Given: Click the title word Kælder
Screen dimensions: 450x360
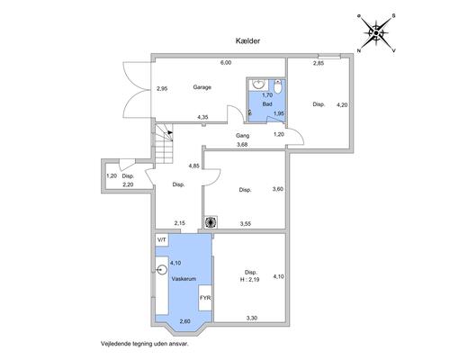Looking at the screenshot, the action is coord(247,40).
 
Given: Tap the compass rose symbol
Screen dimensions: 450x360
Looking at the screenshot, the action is coord(376,32).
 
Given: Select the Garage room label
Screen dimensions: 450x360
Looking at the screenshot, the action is coord(202,87).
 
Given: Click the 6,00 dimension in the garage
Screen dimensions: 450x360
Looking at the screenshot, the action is coord(226,63).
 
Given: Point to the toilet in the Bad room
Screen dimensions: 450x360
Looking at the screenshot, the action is coord(278,85).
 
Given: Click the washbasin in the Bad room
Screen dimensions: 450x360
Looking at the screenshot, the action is coord(258,84).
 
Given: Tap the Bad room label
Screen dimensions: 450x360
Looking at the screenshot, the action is coord(267,104).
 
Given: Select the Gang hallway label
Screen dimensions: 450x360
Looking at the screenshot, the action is coord(242,136).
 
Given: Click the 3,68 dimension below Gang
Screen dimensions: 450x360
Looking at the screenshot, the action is coord(242,145).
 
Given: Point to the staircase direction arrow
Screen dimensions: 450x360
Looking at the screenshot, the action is coord(170,132).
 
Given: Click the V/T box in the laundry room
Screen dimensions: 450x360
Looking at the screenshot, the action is coord(162,240).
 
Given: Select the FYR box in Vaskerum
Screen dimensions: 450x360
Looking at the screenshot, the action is coord(205,298).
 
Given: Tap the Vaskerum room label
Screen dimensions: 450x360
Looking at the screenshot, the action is coord(184,279).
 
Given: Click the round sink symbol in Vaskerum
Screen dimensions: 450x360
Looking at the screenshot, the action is coord(162,270).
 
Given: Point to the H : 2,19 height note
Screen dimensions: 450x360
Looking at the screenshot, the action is coord(249,280).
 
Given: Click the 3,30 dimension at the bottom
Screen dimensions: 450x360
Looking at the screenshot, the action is coord(252,319).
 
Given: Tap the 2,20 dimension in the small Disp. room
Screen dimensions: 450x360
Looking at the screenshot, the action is coord(128,184).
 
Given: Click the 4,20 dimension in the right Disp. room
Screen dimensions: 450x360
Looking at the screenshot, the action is coord(342,105).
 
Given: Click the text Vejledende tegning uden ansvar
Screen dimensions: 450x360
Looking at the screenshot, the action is coord(145,344).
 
